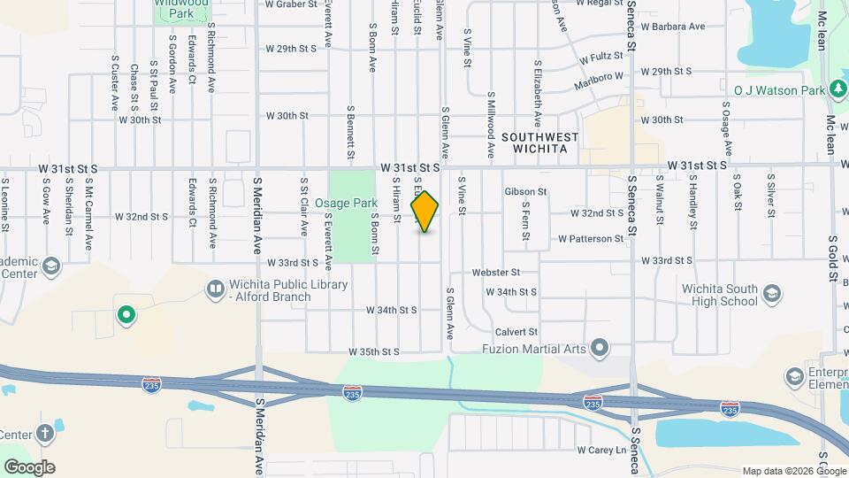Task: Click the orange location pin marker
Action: [424, 212]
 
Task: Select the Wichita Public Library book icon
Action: [215, 289]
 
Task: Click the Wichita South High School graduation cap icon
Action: [772, 293]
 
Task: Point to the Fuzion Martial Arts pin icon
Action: [600, 346]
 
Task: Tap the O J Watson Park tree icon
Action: [837, 89]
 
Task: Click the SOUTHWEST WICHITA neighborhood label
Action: [539, 143]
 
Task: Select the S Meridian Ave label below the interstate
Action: [259, 436]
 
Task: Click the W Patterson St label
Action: [591, 239]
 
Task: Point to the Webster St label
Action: [495, 273]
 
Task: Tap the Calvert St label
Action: [516, 332]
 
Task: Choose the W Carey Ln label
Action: [601, 450]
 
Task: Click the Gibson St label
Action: [525, 191]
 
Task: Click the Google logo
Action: [29, 466]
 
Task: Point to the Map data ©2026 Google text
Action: [793, 471]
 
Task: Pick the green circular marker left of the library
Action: [126, 313]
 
